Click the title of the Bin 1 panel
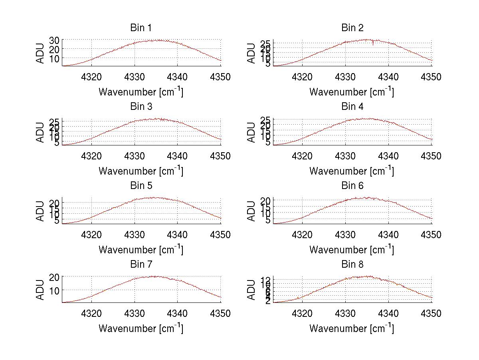pos(141,28)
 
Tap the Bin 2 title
pos(352,28)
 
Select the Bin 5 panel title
pos(141,186)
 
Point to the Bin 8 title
pos(352,265)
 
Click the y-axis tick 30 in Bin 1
pos(54,40)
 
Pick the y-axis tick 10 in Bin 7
pos(54,290)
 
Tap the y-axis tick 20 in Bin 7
pos(54,277)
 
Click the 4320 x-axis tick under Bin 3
pos(92,156)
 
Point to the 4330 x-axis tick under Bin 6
pos(345,235)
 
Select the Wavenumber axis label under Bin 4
pos(352,171)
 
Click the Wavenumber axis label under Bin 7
pos(141,328)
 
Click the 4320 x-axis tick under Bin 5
pos(92,235)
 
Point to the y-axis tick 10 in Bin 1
pos(54,58)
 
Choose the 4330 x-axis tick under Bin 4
pos(345,156)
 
